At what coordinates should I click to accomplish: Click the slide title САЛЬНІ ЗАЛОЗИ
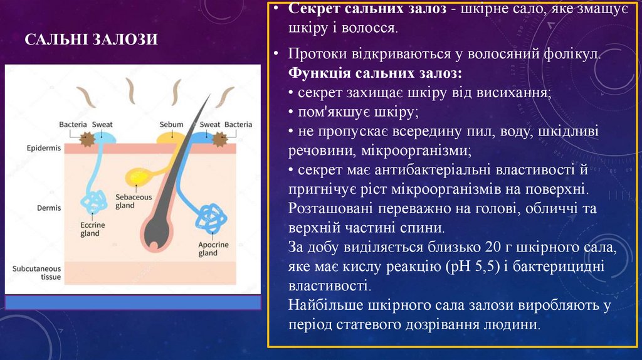pyautogui.click(x=91, y=40)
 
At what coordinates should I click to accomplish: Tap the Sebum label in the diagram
pyautogui.click(x=171, y=124)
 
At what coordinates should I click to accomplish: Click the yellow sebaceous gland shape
pyautogui.click(x=139, y=177)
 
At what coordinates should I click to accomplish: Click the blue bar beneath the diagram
pyautogui.click(x=133, y=303)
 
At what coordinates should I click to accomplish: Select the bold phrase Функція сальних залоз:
pyautogui.click(x=376, y=73)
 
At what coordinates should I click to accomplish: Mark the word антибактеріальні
pyautogui.click(x=424, y=171)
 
